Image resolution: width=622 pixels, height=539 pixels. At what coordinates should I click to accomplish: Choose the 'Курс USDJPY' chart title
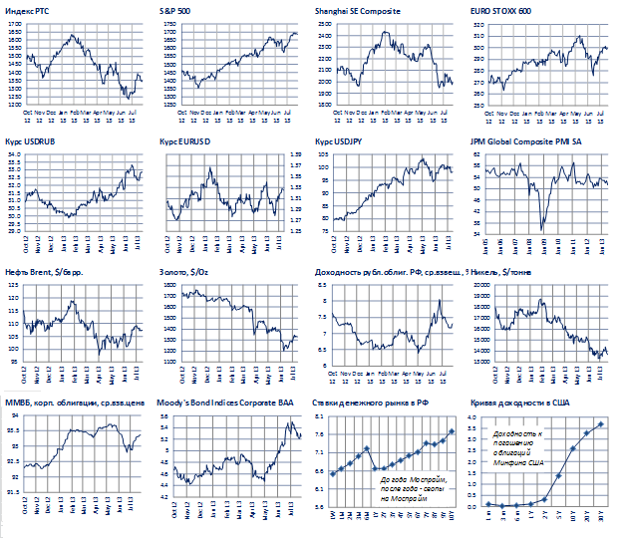pos(340,143)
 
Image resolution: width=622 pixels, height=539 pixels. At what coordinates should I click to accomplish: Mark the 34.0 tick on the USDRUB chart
pos(13,155)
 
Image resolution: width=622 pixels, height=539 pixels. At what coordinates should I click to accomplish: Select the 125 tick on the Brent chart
pos(14,286)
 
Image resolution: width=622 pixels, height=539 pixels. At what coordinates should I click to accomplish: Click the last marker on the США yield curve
pos(601,424)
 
